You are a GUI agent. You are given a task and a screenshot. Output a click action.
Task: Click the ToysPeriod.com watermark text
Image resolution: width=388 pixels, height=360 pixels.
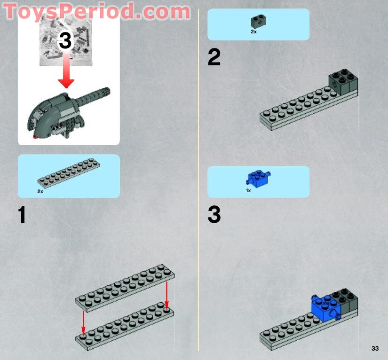coord(97,11)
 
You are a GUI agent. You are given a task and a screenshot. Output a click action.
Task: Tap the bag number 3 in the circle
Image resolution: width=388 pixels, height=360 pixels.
coord(65,41)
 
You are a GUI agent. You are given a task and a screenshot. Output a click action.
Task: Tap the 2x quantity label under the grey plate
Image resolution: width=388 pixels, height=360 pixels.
coord(40,192)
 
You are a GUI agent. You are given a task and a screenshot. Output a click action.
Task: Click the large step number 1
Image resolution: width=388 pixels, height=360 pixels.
coord(22,215)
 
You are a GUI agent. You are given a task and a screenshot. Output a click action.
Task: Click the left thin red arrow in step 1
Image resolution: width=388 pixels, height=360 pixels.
coord(83,322)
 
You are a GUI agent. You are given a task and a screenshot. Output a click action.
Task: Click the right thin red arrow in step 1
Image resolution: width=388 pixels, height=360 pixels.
coord(166,294)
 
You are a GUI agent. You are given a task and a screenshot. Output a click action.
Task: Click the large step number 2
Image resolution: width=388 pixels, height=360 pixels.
coord(214,58)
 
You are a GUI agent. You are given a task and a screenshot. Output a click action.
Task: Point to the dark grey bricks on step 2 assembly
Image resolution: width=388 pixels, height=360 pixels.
coord(343,81)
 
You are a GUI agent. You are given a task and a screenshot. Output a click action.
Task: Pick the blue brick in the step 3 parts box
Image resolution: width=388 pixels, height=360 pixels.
coord(258,178)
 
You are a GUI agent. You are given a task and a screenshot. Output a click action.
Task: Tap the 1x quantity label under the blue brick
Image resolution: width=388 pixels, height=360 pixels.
coord(249,191)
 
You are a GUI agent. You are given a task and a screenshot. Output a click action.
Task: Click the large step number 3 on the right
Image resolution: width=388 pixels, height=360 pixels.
coord(214,215)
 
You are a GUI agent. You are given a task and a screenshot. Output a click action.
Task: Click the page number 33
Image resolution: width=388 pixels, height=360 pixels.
coord(374,348)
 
